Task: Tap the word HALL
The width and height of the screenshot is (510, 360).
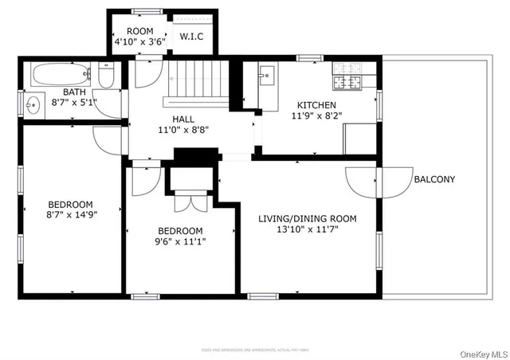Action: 183,119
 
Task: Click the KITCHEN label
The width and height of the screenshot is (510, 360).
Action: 316,105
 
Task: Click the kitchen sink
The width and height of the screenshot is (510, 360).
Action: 266,76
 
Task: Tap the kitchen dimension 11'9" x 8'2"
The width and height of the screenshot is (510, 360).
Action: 316,115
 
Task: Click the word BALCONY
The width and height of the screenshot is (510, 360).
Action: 434,179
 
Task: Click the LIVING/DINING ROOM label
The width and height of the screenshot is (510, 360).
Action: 318,218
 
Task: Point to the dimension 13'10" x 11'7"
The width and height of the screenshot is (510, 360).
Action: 318,230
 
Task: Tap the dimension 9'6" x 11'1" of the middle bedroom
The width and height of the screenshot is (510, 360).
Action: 179,243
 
